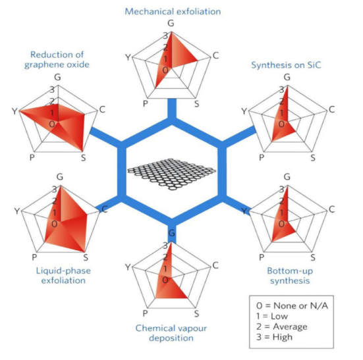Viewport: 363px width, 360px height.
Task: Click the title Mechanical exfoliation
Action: point(173,12)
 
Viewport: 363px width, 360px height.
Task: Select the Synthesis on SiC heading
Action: point(286,65)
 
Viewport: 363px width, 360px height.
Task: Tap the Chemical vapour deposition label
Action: point(171,333)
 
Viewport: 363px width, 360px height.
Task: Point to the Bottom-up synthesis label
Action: point(290,276)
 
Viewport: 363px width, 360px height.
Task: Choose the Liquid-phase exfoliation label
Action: point(63,275)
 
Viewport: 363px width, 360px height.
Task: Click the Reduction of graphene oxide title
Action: point(57,59)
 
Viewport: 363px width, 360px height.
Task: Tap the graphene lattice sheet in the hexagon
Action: point(171,174)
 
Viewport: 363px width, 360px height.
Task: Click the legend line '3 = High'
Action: point(274,337)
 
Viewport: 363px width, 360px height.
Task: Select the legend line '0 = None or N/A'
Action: point(292,305)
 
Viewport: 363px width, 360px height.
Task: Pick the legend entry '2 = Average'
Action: point(282,326)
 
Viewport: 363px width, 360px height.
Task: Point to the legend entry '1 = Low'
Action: point(272,316)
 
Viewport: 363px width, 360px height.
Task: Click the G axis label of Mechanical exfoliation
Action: point(171,23)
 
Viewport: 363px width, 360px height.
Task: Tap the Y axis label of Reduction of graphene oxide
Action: point(14,111)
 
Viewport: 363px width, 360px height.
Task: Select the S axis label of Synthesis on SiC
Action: point(313,158)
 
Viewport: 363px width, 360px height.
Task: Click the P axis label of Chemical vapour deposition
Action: point(145,313)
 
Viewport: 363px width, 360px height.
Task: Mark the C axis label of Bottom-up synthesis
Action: point(332,209)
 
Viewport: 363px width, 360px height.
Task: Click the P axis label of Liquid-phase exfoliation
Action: point(34,257)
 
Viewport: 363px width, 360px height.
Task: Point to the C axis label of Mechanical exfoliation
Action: point(215,55)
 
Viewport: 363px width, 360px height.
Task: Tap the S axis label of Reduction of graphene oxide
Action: point(84,158)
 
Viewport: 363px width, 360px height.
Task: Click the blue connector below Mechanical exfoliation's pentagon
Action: point(172,109)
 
